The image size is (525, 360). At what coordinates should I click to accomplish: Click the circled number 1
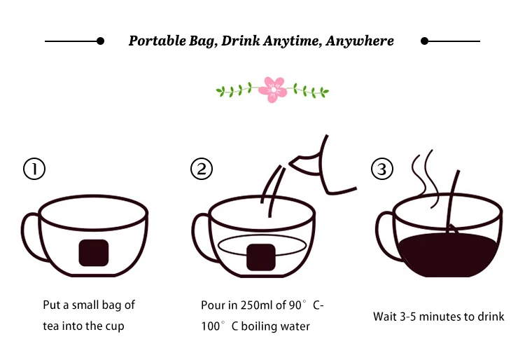(x=34, y=169)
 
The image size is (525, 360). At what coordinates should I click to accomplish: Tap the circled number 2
(x=202, y=169)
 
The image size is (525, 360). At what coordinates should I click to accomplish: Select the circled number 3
(x=382, y=169)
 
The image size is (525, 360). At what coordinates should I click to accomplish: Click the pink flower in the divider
(x=273, y=90)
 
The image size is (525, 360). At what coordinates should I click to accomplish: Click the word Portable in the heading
(x=157, y=41)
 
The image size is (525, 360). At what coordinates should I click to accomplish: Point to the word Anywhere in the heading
(x=360, y=41)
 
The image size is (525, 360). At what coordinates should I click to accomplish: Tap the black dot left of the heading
(x=100, y=41)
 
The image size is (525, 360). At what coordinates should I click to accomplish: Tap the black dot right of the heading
(x=425, y=41)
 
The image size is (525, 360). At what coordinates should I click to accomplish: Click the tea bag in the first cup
(x=94, y=253)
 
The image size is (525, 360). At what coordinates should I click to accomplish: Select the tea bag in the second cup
(x=261, y=257)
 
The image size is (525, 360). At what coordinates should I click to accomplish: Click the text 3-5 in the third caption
(x=408, y=317)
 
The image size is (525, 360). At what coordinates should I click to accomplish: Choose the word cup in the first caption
(x=115, y=326)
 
